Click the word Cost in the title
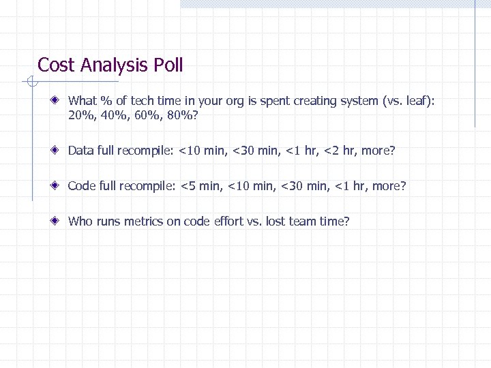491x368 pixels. (57, 65)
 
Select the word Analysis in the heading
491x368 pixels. (114, 65)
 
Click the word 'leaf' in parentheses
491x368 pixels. (416, 101)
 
